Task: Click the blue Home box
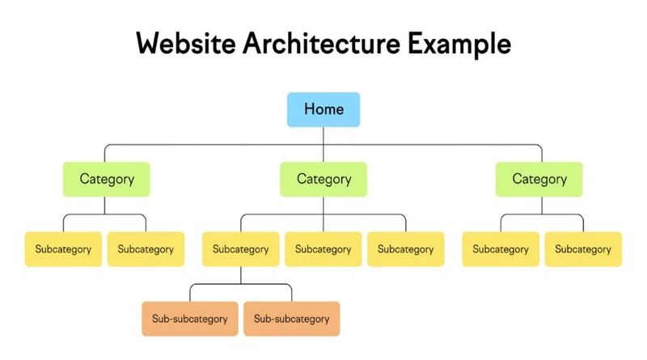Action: (x=323, y=109)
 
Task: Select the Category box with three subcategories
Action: (x=323, y=179)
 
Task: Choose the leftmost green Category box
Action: (x=106, y=179)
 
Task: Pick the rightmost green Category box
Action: (x=539, y=179)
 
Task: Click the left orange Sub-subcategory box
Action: (x=190, y=319)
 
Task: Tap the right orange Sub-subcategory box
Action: (x=291, y=319)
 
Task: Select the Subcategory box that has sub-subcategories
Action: (x=240, y=249)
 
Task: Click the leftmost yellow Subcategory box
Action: (x=63, y=249)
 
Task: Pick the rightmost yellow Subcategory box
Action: (x=582, y=249)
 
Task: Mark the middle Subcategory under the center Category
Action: (x=323, y=249)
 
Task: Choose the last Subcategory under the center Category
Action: (x=405, y=249)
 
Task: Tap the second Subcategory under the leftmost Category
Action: (x=146, y=249)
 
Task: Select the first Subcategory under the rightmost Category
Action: (x=500, y=249)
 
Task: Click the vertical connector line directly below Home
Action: (x=323, y=136)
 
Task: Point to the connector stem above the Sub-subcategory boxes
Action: (x=240, y=275)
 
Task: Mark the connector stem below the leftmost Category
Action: (x=105, y=205)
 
